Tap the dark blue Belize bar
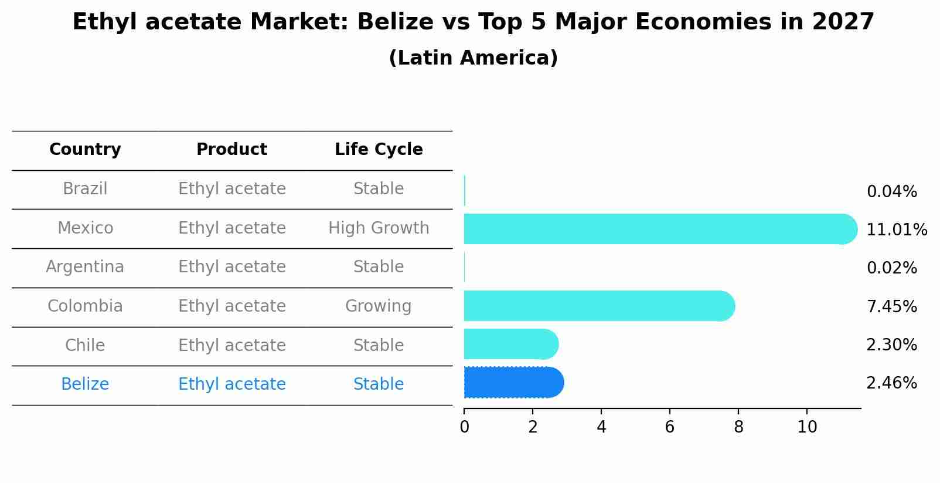(513, 383)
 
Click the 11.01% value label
(896, 229)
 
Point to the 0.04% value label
(891, 191)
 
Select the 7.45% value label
(891, 306)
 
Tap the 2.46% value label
(891, 383)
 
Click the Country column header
(85, 150)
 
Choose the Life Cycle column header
(379, 150)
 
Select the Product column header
(231, 150)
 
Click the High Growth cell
(379, 228)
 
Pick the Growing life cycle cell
(379, 306)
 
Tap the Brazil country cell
(85, 188)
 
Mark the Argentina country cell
(85, 266)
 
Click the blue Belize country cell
(85, 384)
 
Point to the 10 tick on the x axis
(807, 427)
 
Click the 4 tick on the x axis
(601, 427)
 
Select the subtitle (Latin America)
(473, 58)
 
